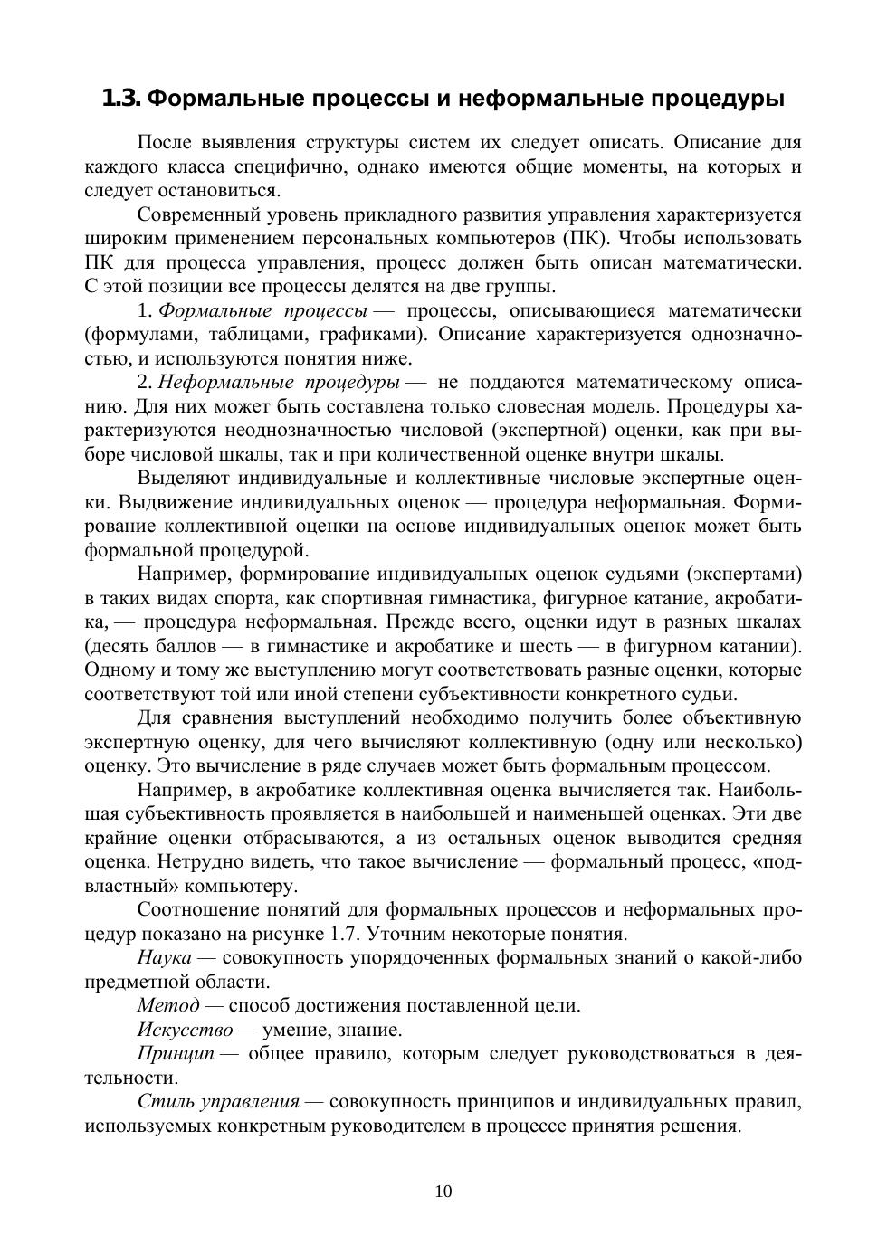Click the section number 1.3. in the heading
click(x=121, y=98)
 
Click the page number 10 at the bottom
click(x=443, y=1192)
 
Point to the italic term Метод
click(x=168, y=1005)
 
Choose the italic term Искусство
click(x=185, y=1030)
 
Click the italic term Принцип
click(x=176, y=1053)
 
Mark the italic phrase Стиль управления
click(x=218, y=1101)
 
